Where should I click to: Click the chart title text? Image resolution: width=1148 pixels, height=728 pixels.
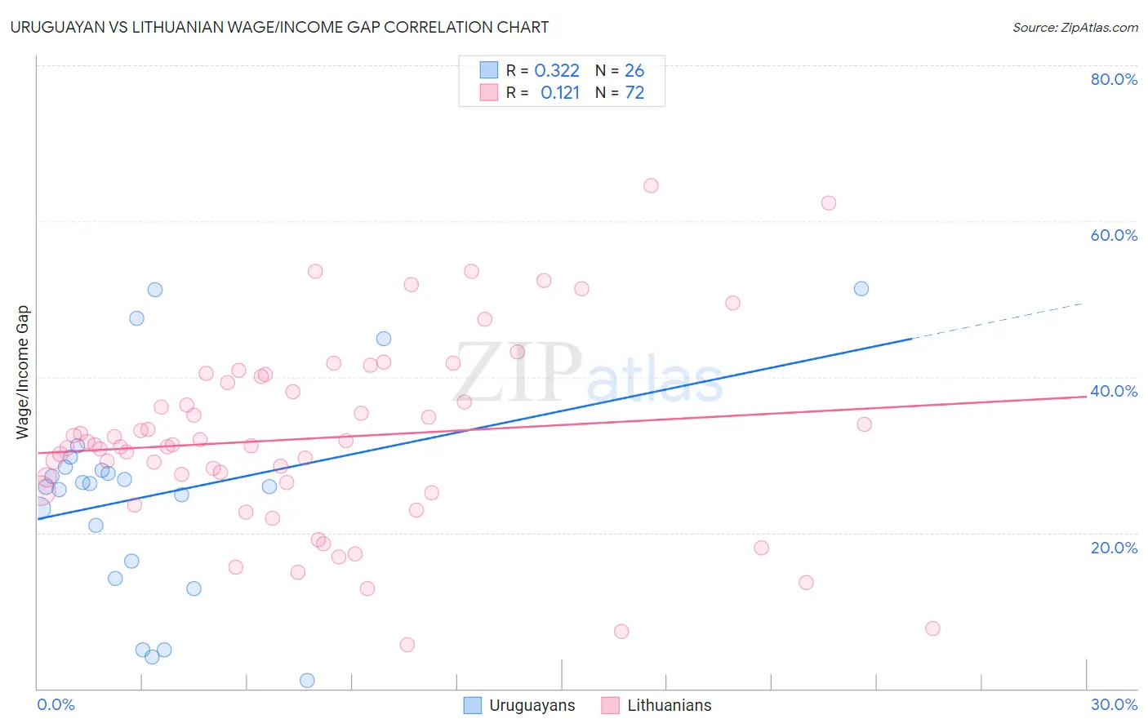click(279, 27)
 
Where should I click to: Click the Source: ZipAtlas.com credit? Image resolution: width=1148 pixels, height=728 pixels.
click(1075, 28)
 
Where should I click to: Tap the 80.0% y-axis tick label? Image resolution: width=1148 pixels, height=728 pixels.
click(1114, 79)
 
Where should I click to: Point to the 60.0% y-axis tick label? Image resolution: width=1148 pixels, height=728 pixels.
click(1114, 235)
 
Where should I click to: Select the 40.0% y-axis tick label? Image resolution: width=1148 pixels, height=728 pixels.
click(1114, 391)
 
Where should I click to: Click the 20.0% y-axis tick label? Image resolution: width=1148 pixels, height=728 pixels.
click(1114, 548)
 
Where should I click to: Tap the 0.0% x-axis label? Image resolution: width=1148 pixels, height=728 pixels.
click(56, 704)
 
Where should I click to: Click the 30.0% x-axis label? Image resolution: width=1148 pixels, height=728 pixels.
click(1114, 704)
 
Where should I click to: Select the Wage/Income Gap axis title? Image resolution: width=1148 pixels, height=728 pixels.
click(23, 372)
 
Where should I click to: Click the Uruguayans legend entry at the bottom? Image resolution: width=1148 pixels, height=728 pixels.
click(532, 705)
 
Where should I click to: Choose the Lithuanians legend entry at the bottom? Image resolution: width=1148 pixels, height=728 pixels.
click(669, 705)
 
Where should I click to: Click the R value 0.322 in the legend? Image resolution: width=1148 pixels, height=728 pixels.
click(557, 71)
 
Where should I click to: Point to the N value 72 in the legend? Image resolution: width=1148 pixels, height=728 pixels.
click(634, 93)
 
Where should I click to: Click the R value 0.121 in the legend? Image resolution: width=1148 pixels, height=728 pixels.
click(560, 93)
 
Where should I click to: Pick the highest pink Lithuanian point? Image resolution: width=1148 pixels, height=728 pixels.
click(651, 186)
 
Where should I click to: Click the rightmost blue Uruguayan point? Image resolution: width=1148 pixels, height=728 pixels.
click(861, 289)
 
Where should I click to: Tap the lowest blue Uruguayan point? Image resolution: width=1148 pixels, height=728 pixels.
click(307, 681)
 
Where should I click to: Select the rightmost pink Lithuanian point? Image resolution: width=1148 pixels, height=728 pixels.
click(932, 628)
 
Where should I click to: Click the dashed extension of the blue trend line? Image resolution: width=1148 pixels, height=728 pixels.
click(996, 321)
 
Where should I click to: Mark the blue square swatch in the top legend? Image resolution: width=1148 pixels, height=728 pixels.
click(488, 70)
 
